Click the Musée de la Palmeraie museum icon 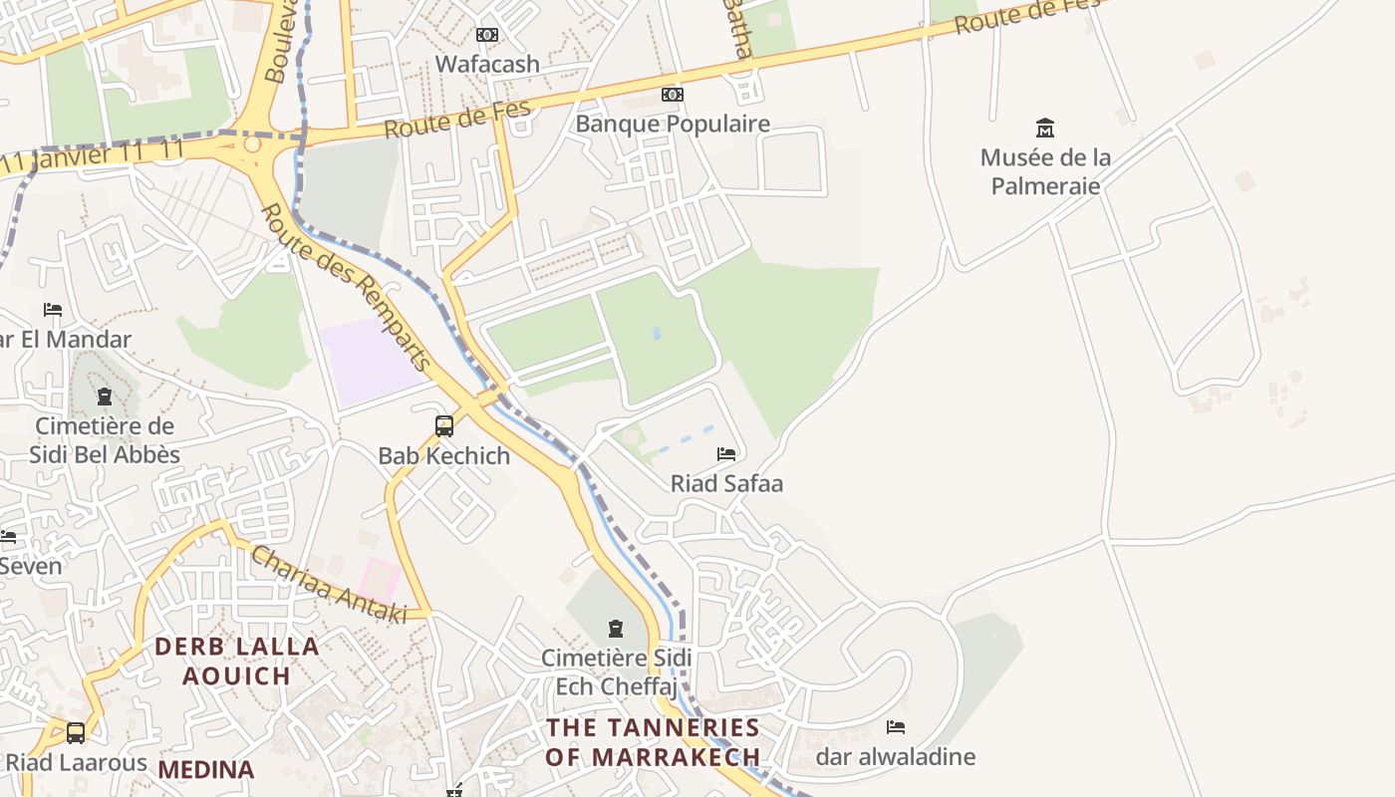1045,128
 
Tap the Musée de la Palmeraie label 1045,171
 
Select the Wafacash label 487,64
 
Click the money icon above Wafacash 487,35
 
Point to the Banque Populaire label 673,124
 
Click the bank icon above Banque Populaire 673,95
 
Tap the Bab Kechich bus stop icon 444,426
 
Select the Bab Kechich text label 444,456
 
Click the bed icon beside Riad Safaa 726,454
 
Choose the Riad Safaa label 726,484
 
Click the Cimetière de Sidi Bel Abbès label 105,440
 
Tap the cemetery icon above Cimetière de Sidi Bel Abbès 105,398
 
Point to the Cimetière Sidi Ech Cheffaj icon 616,629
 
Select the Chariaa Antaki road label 329,585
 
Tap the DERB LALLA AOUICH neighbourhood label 237,661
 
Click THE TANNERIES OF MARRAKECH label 653,742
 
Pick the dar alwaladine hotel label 896,757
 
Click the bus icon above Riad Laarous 76,733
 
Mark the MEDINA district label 206,769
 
